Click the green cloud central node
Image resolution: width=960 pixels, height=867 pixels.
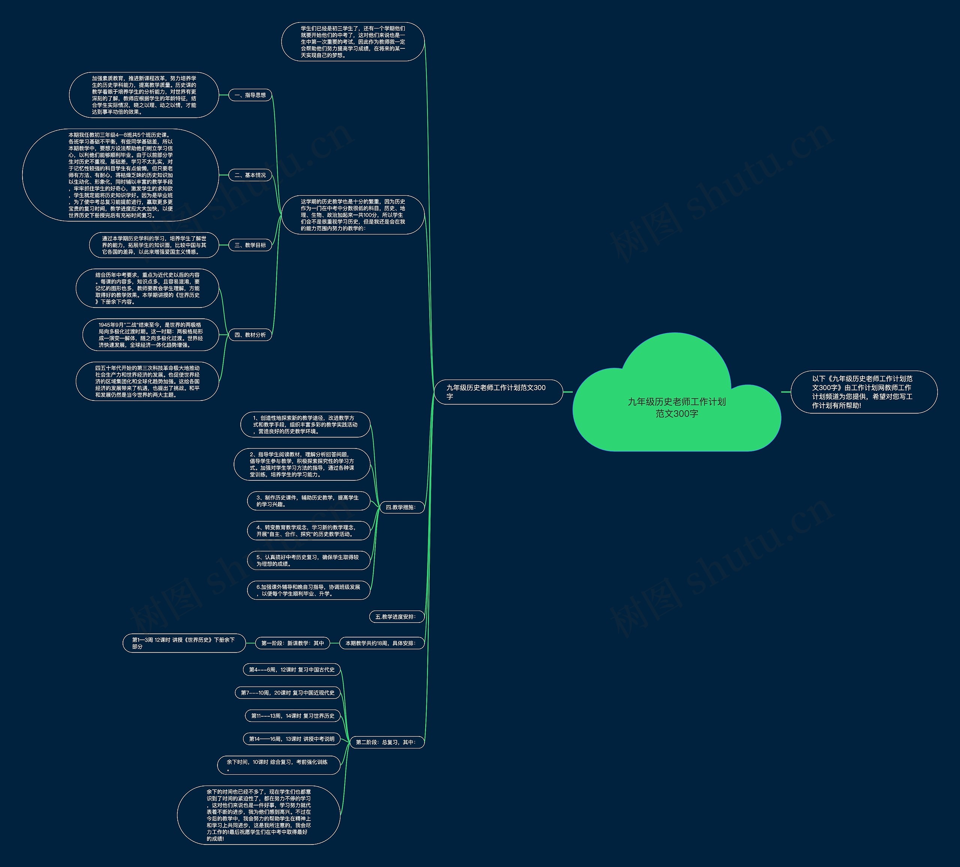click(x=676, y=407)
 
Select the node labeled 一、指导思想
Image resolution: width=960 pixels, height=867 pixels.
click(x=250, y=95)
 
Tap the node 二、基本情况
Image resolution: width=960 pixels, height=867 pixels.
click(x=250, y=175)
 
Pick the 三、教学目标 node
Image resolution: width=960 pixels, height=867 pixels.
click(x=250, y=245)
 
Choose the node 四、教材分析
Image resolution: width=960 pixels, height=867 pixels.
click(x=250, y=335)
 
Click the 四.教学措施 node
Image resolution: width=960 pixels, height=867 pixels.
click(x=401, y=507)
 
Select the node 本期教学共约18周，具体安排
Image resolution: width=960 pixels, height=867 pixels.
click(x=381, y=643)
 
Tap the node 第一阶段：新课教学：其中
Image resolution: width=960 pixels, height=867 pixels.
click(x=292, y=643)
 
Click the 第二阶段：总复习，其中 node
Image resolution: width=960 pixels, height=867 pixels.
click(x=386, y=742)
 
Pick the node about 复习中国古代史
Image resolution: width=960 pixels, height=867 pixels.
click(x=291, y=669)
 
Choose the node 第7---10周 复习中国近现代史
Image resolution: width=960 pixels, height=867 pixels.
click(x=288, y=692)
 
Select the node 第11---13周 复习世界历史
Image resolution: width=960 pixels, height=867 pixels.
click(x=292, y=715)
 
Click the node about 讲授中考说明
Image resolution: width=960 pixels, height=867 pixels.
click(x=291, y=739)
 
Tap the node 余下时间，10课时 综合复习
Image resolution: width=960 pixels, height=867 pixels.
click(x=279, y=765)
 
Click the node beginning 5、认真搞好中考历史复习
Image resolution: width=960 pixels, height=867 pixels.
click(x=308, y=560)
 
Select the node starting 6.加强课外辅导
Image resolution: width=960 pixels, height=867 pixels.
click(x=308, y=590)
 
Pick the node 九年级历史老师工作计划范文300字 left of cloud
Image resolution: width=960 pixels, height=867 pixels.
click(x=498, y=392)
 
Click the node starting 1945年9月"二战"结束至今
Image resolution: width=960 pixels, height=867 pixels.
click(x=150, y=335)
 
